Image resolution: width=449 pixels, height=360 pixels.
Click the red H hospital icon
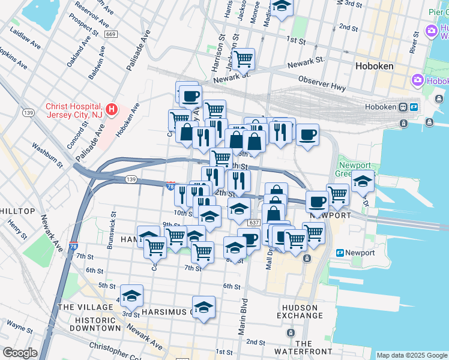tap(112, 109)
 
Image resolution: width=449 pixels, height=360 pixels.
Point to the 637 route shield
tap(253, 223)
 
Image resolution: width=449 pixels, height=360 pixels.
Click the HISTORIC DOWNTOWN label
tap(95, 325)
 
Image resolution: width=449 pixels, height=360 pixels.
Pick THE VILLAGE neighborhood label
tap(85, 307)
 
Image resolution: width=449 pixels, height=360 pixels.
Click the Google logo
tap(19, 353)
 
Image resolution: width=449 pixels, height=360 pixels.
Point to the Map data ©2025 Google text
tap(411, 355)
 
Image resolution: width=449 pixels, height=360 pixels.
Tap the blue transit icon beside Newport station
tap(340, 253)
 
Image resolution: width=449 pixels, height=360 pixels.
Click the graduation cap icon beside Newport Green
tap(363, 181)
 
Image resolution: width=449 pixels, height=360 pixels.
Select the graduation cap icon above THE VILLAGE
tap(131, 295)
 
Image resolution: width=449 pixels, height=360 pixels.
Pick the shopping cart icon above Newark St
tap(243, 59)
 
